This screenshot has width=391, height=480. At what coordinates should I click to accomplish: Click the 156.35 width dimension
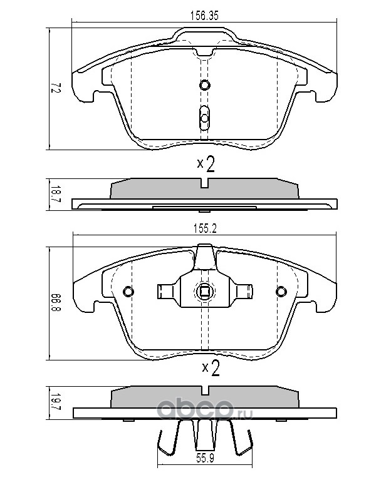204,16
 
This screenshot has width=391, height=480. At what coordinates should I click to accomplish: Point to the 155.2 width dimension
205,228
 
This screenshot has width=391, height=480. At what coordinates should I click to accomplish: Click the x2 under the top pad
206,164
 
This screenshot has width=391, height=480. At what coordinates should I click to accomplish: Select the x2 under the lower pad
211,368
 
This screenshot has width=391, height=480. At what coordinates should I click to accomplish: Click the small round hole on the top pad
204,84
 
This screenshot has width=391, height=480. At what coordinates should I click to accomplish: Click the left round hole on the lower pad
128,291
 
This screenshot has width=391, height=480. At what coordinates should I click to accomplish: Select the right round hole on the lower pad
281,291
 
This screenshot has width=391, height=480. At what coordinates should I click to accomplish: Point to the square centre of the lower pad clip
204,291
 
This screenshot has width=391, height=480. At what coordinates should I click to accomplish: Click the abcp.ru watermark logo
205,409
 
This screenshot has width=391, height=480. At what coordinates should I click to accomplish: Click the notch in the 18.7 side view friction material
205,183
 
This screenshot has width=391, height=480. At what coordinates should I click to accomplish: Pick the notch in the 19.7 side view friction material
205,391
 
